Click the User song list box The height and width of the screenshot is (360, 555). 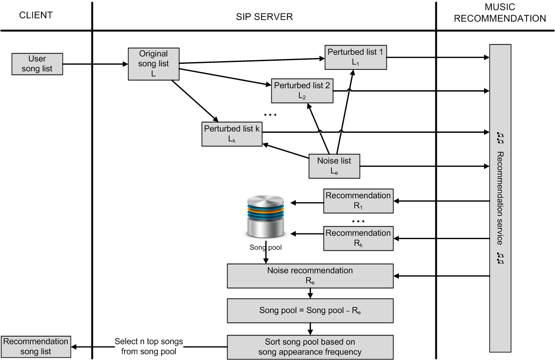click(x=37, y=64)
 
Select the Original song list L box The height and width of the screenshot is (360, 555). click(x=153, y=64)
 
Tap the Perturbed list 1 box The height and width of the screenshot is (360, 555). click(x=355, y=57)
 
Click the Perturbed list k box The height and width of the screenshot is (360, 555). click(x=232, y=133)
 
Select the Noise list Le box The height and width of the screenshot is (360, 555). click(x=334, y=166)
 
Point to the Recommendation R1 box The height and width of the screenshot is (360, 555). click(x=358, y=201)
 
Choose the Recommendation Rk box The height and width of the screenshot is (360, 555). click(x=358, y=238)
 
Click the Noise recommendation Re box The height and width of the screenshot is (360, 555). click(x=310, y=276)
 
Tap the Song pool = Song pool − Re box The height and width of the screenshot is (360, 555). click(x=310, y=310)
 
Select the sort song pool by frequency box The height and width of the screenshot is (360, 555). click(x=310, y=347)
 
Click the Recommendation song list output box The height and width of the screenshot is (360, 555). click(x=36, y=347)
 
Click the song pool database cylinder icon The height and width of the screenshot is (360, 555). click(x=266, y=218)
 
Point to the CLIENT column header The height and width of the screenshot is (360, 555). click(x=36, y=15)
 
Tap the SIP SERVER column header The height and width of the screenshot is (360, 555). click(x=264, y=17)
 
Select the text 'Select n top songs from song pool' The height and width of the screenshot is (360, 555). click(x=149, y=347)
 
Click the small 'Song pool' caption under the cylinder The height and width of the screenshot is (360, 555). click(x=265, y=247)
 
